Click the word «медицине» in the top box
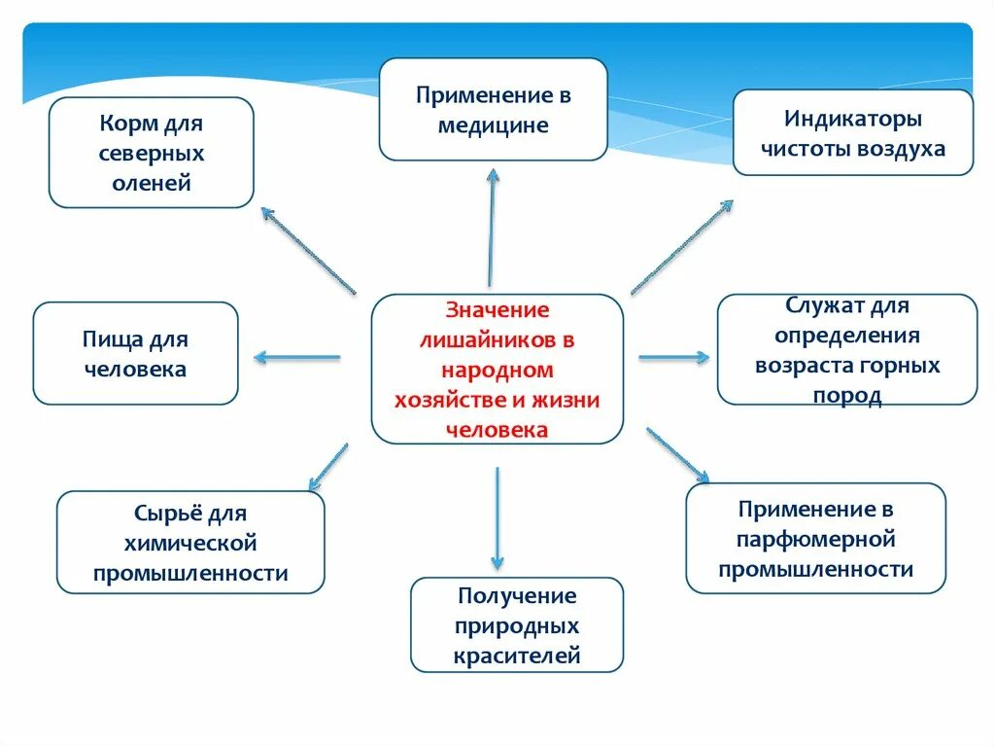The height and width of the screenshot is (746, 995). point(493,125)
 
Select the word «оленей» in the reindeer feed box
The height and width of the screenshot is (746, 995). point(151,182)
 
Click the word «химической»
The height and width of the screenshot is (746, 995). point(190,543)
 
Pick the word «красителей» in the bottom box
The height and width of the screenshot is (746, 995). point(517,656)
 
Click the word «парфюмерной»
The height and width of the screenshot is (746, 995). point(816,539)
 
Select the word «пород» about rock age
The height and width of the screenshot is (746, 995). point(846,396)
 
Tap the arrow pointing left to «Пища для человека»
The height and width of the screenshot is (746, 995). point(297,357)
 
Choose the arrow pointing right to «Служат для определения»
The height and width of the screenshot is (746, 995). point(673,357)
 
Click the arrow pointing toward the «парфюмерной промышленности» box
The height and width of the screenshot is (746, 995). point(677,453)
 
